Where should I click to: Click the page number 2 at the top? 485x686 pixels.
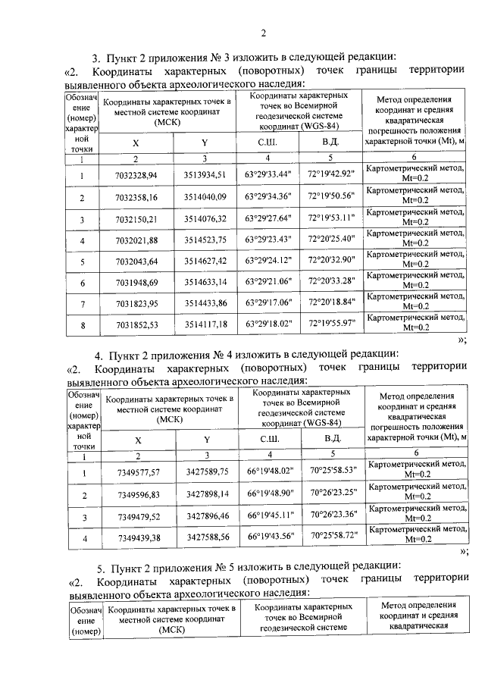tap(264, 33)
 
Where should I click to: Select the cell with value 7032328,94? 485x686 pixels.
tap(136, 175)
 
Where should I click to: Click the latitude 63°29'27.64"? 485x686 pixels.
tap(268, 219)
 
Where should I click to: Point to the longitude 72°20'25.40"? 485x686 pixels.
tap(331, 240)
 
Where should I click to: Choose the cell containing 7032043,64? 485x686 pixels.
tap(136, 262)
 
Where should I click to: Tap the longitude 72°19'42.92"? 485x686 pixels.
tap(331, 174)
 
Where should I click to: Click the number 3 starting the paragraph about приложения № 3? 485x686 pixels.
tap(95, 57)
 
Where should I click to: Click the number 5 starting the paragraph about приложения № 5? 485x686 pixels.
tap(99, 568)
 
